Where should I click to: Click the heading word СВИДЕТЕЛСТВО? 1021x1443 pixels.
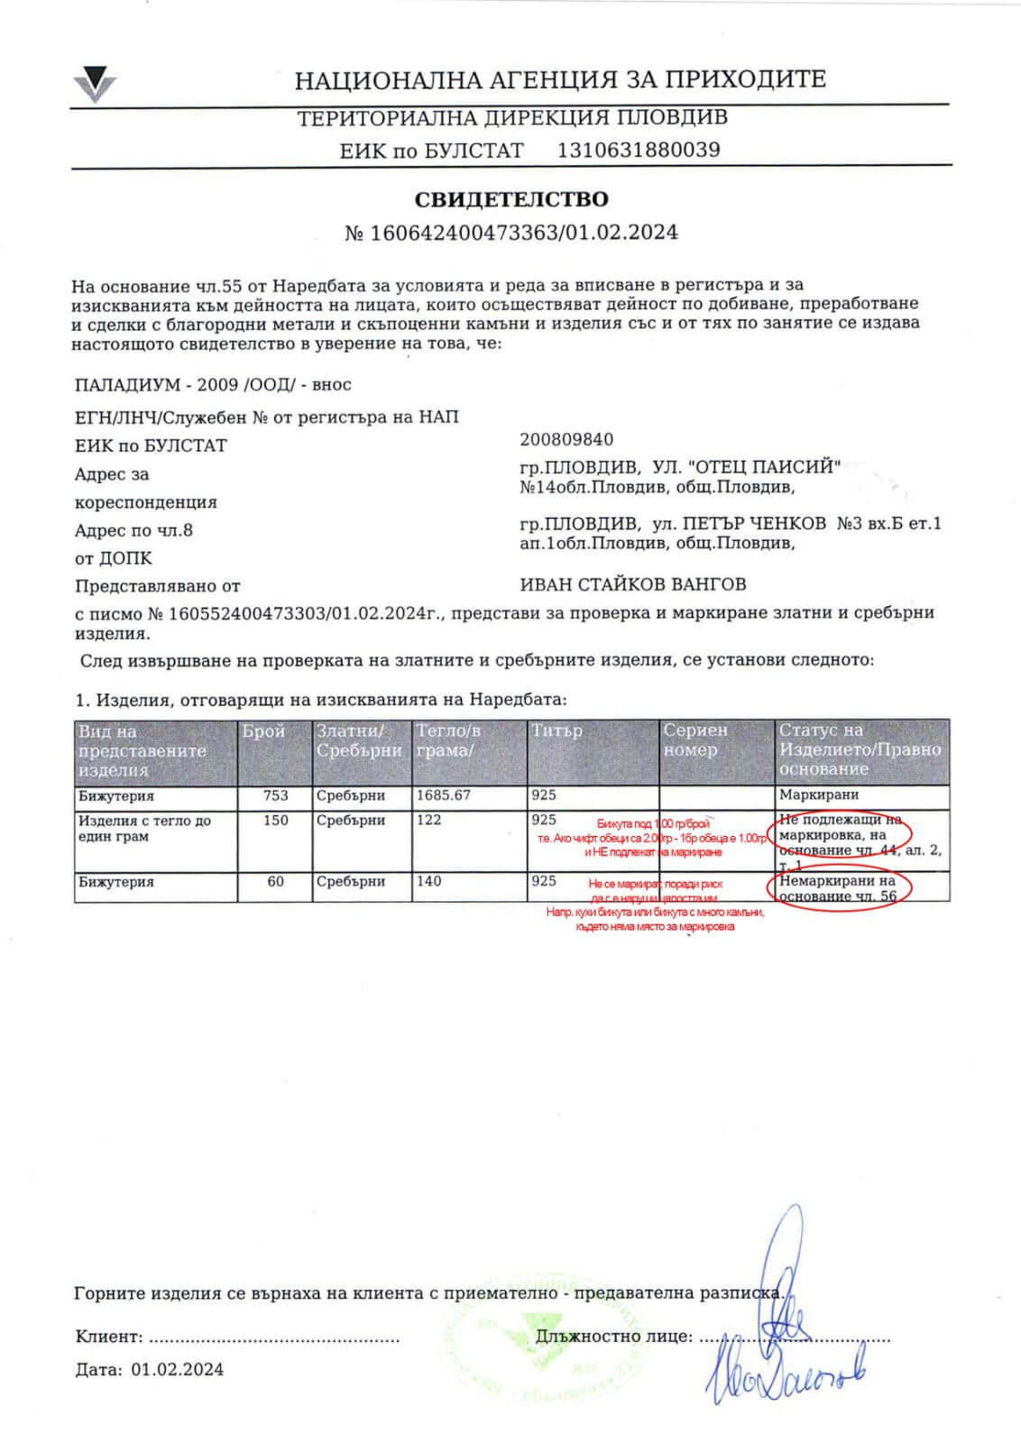click(511, 199)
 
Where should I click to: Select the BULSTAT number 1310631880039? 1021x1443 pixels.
click(639, 150)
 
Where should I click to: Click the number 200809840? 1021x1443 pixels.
click(566, 439)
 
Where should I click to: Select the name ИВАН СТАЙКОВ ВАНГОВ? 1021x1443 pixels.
click(633, 584)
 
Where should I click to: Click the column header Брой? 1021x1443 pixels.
click(263, 731)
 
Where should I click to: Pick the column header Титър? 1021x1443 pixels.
click(556, 731)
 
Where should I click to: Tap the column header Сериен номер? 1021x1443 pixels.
click(694, 740)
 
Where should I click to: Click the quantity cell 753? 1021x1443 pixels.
click(275, 795)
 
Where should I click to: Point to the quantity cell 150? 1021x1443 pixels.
click(275, 820)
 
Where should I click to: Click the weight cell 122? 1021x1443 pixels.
click(429, 820)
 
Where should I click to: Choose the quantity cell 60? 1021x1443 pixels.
click(275, 881)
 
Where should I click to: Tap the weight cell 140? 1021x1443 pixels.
click(429, 881)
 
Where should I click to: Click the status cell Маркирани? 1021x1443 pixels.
click(819, 795)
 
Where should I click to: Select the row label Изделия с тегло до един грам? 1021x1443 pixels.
click(144, 828)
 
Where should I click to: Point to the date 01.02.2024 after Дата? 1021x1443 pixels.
click(177, 1370)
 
